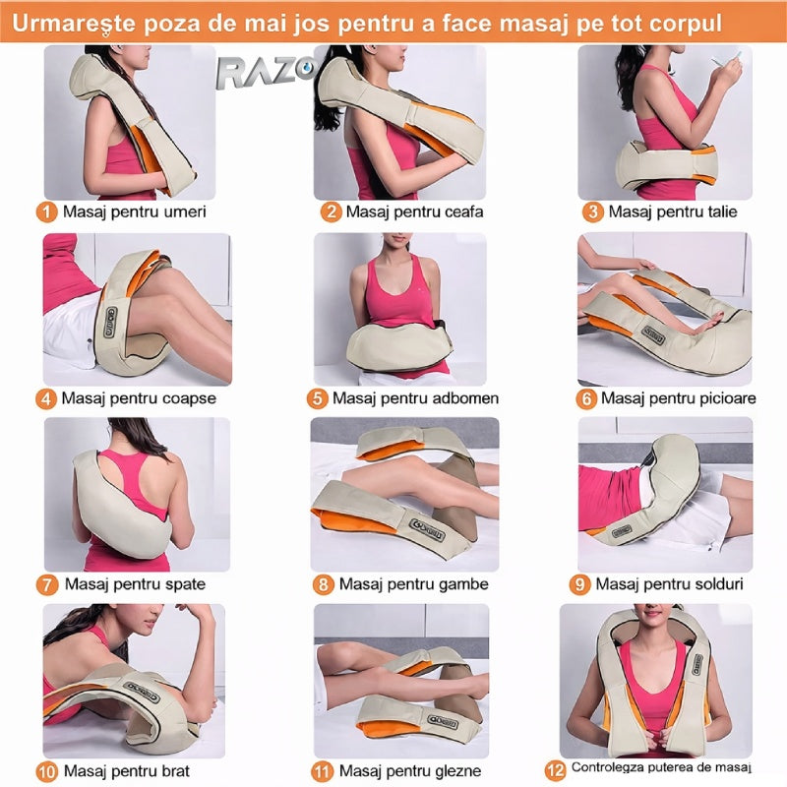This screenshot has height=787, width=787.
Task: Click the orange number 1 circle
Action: tap(46, 212)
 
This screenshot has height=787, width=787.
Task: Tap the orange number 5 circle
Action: tap(317, 398)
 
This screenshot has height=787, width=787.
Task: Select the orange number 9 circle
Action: tap(579, 584)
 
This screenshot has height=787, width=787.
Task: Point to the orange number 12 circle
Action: tap(555, 770)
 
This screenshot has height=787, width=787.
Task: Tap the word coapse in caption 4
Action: tap(189, 399)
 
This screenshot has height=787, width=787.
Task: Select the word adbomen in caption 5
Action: tap(465, 398)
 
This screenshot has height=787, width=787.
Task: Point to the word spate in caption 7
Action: tap(183, 584)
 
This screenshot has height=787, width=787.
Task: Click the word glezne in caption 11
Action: tap(455, 771)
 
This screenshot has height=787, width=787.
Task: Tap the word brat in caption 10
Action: tap(173, 770)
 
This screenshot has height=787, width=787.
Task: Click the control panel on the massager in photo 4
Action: tap(110, 323)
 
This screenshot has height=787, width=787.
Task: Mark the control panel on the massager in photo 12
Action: tap(697, 664)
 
